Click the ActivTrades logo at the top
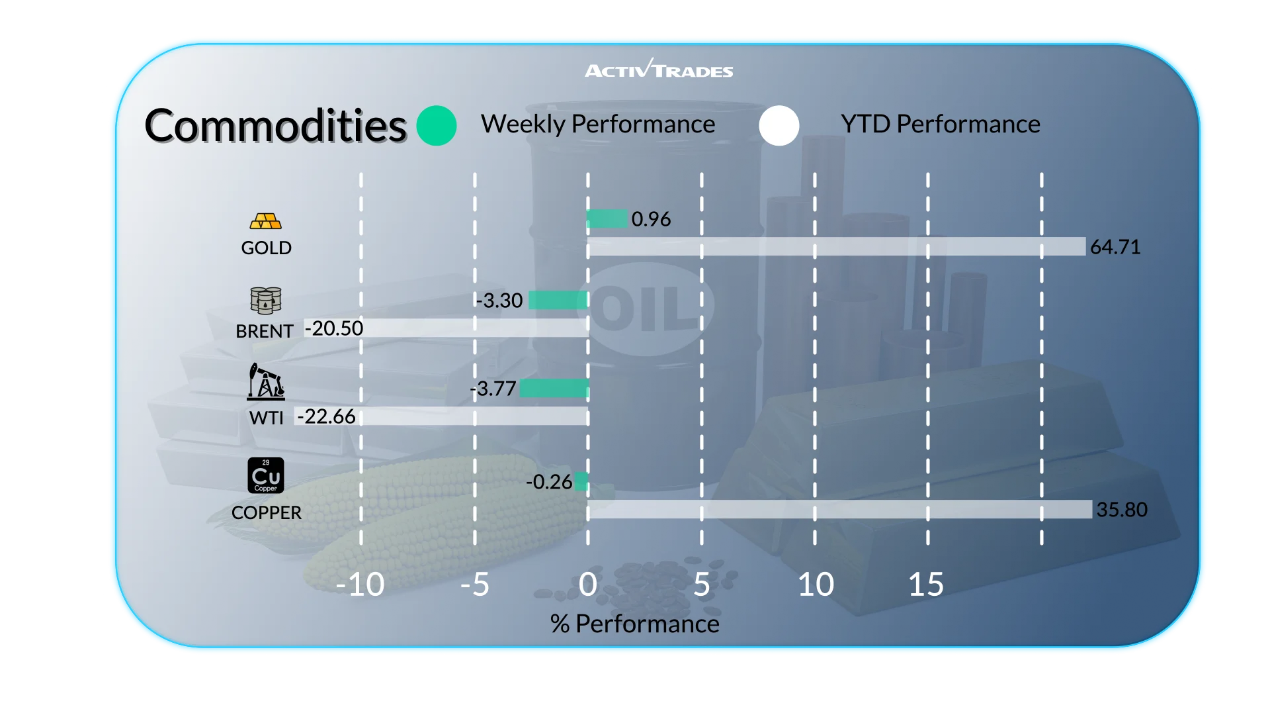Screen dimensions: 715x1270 [x=659, y=70]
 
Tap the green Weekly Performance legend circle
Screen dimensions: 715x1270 [x=437, y=126]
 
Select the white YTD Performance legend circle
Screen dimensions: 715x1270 [x=779, y=126]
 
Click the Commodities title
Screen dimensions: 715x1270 [x=275, y=126]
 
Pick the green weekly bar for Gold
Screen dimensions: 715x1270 [x=607, y=218]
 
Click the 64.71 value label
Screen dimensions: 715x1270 [x=1115, y=247]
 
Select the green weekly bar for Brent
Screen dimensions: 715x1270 [x=558, y=300]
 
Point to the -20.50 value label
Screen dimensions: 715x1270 [x=334, y=328]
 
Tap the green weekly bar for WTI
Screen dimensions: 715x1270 [x=554, y=389]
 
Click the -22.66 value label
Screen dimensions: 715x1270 [x=326, y=416]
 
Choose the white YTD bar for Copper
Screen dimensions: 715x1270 [x=839, y=509]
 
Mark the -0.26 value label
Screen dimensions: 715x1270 [x=549, y=482]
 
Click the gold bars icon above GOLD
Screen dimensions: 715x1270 [x=266, y=221]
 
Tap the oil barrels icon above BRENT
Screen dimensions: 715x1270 [x=266, y=300]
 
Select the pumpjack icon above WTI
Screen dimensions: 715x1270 [x=266, y=381]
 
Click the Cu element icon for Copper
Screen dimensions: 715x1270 [x=266, y=475]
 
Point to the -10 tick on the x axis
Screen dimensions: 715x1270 [x=360, y=585]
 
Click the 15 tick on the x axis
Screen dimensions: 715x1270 [x=926, y=585]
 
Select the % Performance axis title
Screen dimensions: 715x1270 [x=635, y=624]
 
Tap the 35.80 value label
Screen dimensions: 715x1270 [x=1122, y=510]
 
